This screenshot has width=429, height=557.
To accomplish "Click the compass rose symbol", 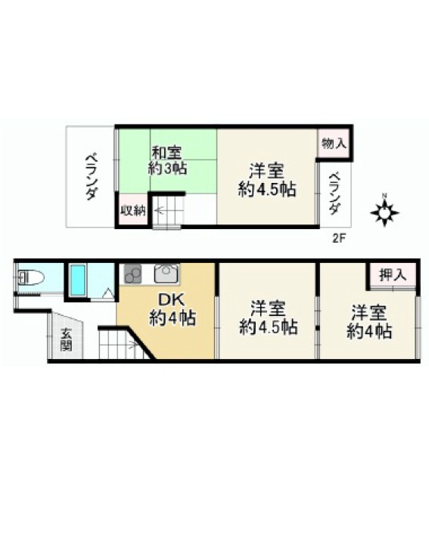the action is pyautogui.click(x=384, y=212).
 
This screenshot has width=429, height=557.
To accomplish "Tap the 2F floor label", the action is pyautogui.click(x=339, y=238).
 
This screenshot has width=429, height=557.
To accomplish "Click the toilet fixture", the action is pyautogui.click(x=30, y=277).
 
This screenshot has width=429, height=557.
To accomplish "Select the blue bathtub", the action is pyautogui.click(x=78, y=280).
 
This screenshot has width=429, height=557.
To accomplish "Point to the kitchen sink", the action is pyautogui.click(x=166, y=274).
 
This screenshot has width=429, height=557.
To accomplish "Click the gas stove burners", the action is pyautogui.click(x=132, y=274).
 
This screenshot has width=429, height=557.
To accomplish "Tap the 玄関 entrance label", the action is pyautogui.click(x=66, y=340).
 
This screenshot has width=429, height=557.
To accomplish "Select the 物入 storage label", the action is pyautogui.click(x=334, y=144).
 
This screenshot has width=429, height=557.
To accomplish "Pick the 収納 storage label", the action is pyautogui.click(x=132, y=210).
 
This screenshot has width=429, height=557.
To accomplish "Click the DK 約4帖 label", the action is pyautogui.click(x=173, y=309).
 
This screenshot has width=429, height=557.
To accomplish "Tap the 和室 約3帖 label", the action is pyautogui.click(x=167, y=160).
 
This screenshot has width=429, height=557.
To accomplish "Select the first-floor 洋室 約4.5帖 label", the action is pyautogui.click(x=269, y=318).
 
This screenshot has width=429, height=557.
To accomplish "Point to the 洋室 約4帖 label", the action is pyautogui.click(x=369, y=322).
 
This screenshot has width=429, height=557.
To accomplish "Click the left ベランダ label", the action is pyautogui.click(x=90, y=177).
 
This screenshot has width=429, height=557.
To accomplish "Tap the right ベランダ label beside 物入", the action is pyautogui.click(x=334, y=193).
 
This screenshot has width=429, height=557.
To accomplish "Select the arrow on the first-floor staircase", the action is pyautogui.click(x=132, y=344).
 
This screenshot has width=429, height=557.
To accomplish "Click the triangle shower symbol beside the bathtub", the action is pyautogui.click(x=108, y=294).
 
